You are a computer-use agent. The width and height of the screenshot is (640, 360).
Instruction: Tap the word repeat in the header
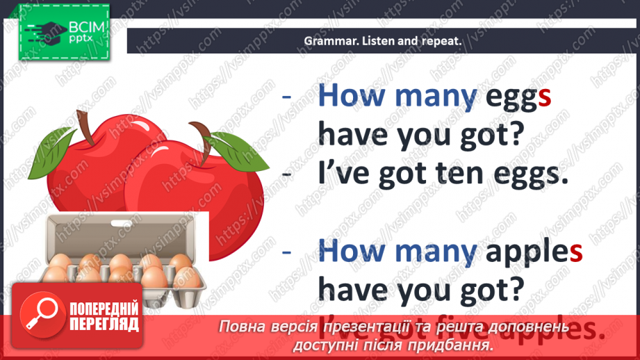[438, 40]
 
